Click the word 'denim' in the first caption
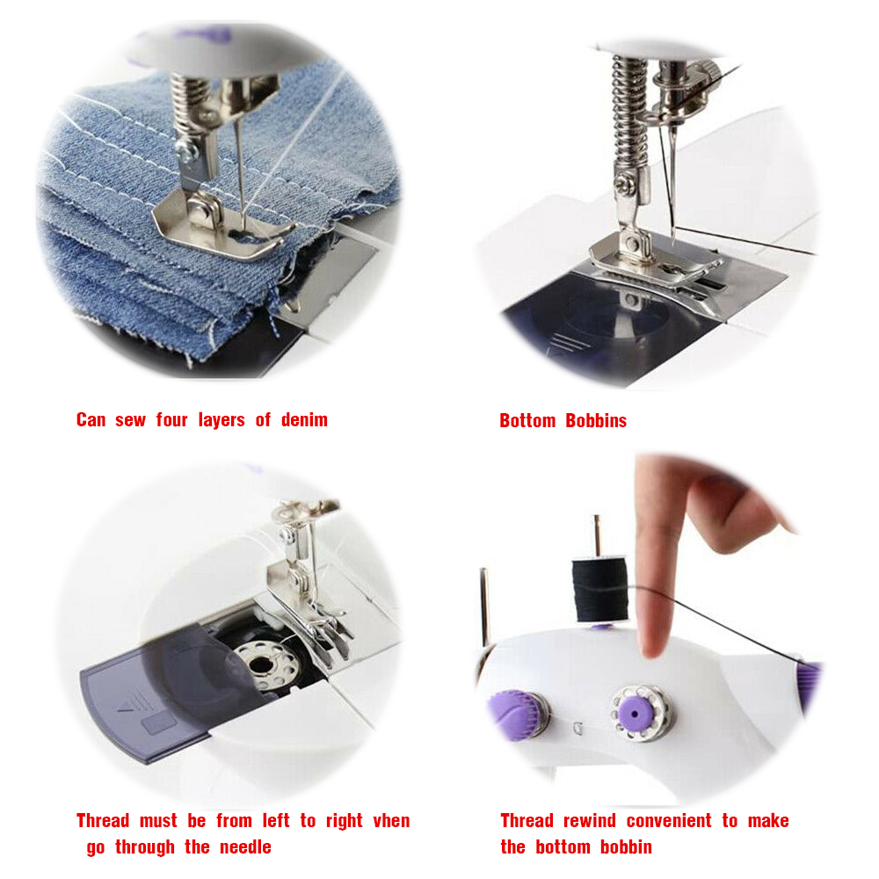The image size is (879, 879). pyautogui.click(x=304, y=419)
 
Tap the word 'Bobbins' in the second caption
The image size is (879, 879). pyautogui.click(x=596, y=420)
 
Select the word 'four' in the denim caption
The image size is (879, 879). pyautogui.click(x=171, y=419)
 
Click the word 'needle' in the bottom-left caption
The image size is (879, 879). pyautogui.click(x=245, y=846)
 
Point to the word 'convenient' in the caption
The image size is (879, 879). pyautogui.click(x=669, y=821)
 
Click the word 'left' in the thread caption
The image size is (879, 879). pyautogui.click(x=276, y=821)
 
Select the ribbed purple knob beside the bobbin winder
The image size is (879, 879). pyautogui.click(x=517, y=716)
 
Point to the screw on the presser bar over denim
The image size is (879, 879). pyautogui.click(x=186, y=150)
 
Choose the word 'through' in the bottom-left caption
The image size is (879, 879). pyautogui.click(x=145, y=847)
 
